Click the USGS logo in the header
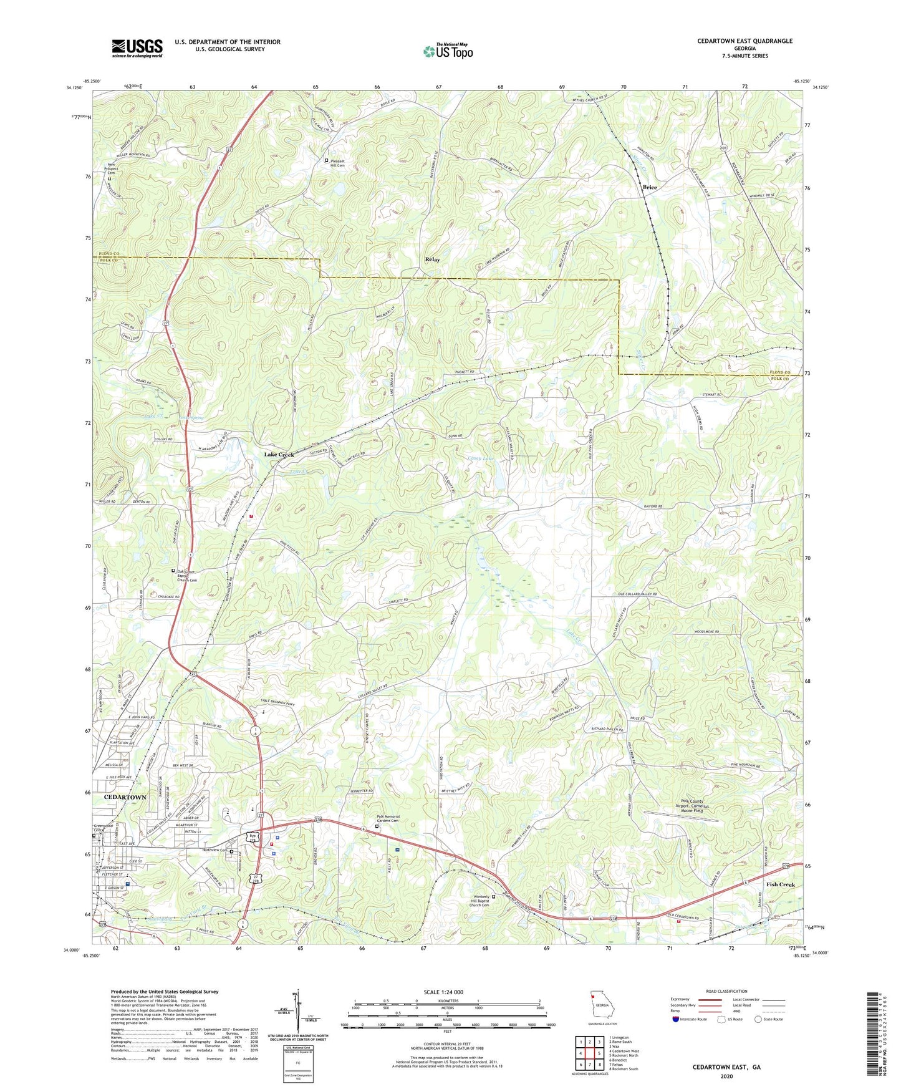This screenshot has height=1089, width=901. [x=137, y=48]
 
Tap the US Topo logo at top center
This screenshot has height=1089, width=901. [x=447, y=51]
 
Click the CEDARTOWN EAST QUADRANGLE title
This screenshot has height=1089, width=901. [x=745, y=41]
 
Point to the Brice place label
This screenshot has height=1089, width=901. [x=650, y=187]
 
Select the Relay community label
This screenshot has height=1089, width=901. [x=432, y=259]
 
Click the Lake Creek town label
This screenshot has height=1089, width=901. [x=279, y=455]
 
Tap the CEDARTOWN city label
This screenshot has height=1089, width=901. [x=125, y=798]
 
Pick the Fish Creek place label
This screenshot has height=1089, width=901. [x=780, y=884]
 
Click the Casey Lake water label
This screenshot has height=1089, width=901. [x=481, y=459]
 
